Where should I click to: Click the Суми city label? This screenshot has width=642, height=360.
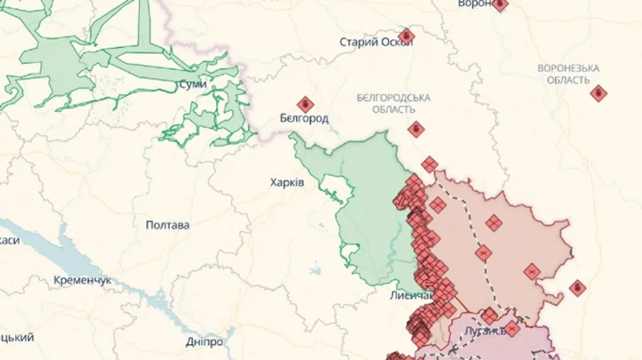193,84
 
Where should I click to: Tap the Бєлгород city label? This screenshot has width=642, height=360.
304,118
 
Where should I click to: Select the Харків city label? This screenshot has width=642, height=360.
287,182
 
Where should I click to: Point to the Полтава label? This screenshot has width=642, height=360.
168,225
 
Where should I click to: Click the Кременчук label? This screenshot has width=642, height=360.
83,281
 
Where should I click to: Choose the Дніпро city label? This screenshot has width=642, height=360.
204,341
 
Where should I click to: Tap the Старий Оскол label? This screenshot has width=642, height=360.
375,42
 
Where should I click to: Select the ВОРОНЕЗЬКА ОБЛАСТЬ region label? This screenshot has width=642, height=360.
569,73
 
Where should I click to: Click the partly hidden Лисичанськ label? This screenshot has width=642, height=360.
411,295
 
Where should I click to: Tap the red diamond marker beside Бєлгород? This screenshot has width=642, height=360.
305,105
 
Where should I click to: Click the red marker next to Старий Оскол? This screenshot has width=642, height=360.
407,36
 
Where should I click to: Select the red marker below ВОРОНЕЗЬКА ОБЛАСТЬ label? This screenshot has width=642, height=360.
598,93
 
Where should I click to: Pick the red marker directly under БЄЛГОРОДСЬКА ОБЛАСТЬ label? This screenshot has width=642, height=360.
416,129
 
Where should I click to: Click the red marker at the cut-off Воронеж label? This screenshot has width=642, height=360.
500,4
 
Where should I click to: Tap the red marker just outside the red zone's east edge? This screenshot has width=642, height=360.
577,288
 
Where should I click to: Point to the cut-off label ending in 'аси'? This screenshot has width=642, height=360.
9,240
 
